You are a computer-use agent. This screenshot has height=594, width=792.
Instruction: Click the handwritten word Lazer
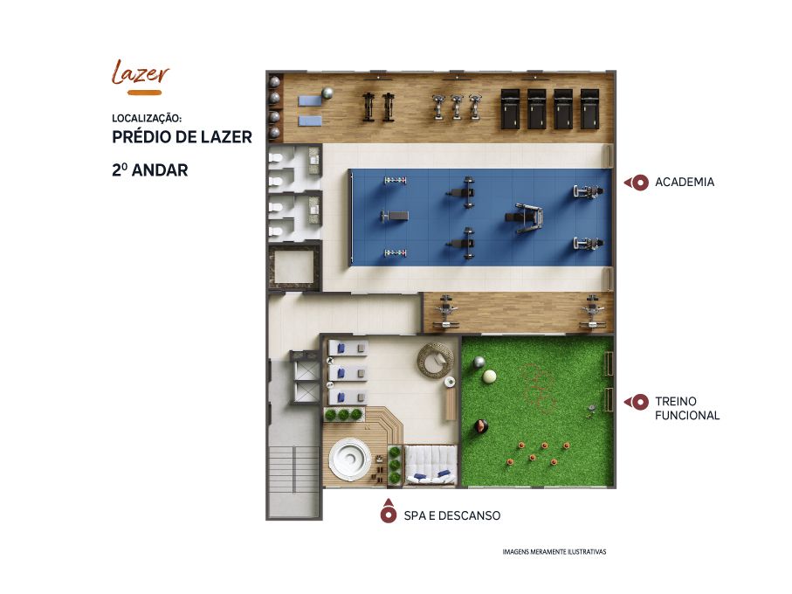[x=140, y=73]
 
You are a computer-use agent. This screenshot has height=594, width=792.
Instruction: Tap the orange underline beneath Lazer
[x=144, y=93]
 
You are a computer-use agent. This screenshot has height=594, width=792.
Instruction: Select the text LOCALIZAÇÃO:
[x=147, y=118]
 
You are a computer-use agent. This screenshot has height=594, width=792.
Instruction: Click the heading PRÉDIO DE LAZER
[x=182, y=137]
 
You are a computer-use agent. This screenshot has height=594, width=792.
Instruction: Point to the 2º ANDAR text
[x=149, y=169]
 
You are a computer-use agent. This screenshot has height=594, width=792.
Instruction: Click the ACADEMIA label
[x=685, y=182]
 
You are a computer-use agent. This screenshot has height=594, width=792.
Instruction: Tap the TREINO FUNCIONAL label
[x=687, y=408]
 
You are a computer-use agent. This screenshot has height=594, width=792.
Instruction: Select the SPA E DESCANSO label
[x=452, y=515]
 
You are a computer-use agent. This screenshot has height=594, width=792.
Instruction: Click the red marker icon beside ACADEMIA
[x=637, y=183]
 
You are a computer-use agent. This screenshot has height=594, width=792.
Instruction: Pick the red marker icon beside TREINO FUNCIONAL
[x=637, y=402]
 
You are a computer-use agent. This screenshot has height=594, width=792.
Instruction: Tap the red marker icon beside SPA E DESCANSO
[x=388, y=511]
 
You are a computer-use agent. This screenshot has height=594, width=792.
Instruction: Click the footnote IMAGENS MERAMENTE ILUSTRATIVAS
[x=554, y=551]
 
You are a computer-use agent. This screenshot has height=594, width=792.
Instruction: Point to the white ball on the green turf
[x=490, y=376]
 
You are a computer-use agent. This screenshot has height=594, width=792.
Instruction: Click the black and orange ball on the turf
[x=481, y=426]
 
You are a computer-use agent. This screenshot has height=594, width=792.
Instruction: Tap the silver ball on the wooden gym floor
[x=327, y=93]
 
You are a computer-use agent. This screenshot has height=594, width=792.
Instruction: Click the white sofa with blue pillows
[x=431, y=466]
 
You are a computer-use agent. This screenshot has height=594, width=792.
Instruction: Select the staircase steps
[x=294, y=469]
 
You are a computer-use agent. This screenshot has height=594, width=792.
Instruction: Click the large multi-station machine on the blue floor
[x=525, y=218]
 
